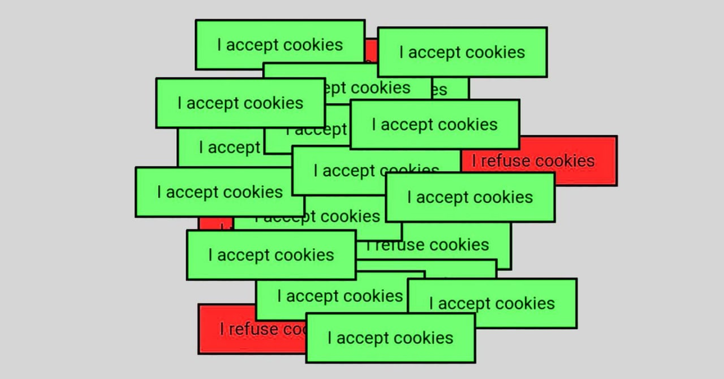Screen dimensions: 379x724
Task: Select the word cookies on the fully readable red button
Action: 565,161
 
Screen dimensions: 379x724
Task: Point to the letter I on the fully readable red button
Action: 474,161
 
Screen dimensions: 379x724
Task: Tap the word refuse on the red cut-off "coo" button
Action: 253,330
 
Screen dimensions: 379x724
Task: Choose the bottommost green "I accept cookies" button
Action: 390,338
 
